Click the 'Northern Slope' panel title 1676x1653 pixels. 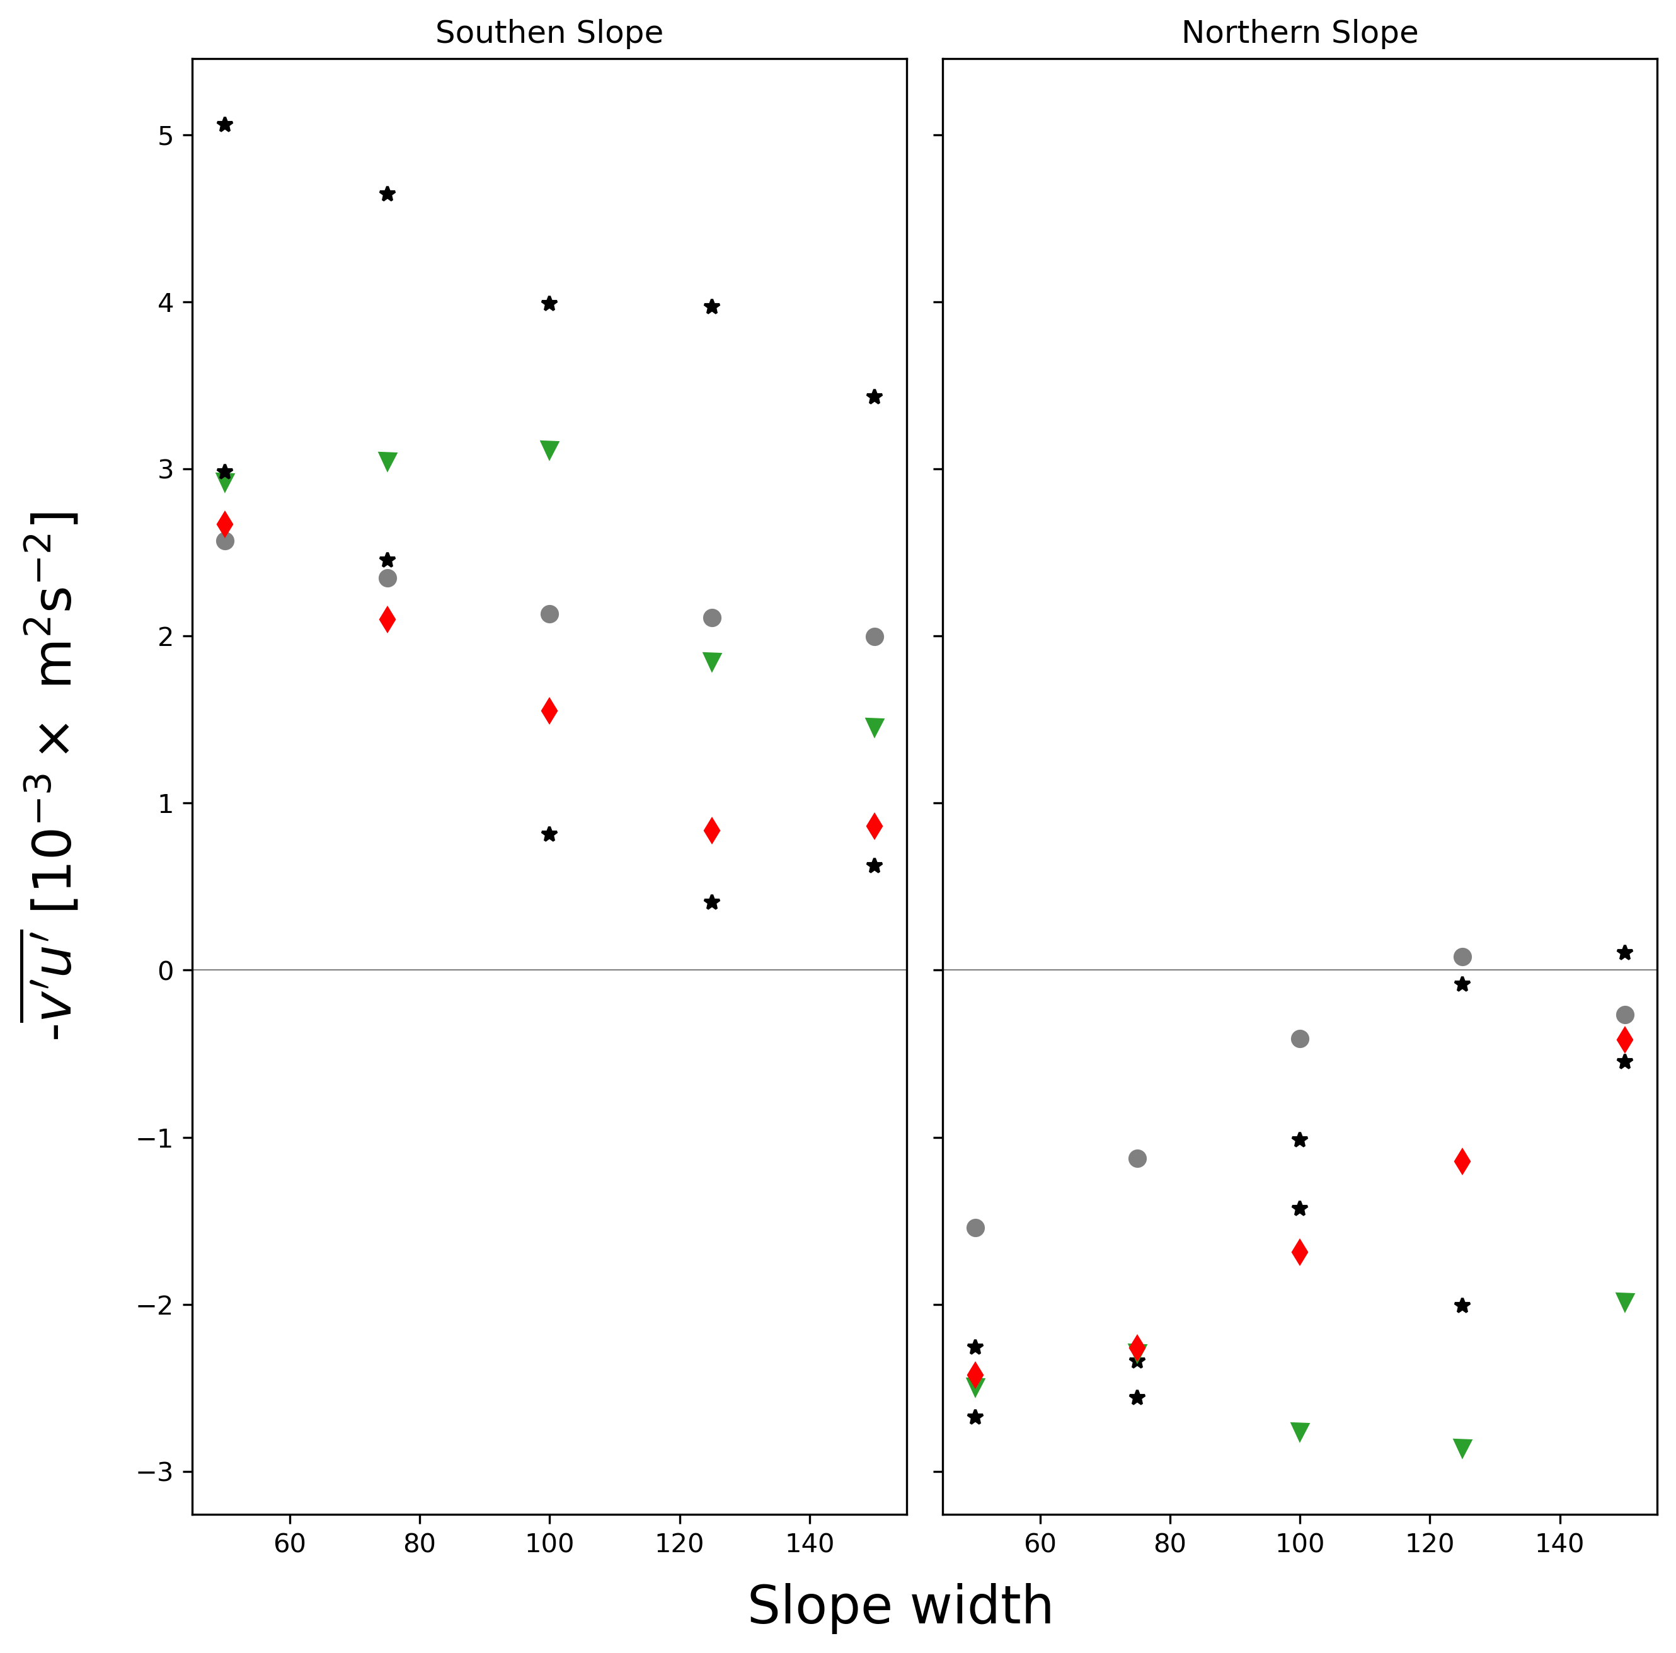(x=1299, y=33)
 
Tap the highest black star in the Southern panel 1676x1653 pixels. (x=225, y=125)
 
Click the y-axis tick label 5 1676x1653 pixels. (x=165, y=136)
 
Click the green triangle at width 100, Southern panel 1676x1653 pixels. (x=549, y=449)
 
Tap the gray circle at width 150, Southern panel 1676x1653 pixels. (x=875, y=637)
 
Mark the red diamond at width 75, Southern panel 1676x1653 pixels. (x=387, y=619)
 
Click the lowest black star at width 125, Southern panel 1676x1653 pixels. (x=712, y=902)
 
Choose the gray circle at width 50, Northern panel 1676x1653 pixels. (x=975, y=1228)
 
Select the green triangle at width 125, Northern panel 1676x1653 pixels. (x=1462, y=1448)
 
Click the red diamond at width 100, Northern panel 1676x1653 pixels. (x=1299, y=1252)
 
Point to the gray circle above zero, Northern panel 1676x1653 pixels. (x=1462, y=957)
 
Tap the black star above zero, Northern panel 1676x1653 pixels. (x=1625, y=953)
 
